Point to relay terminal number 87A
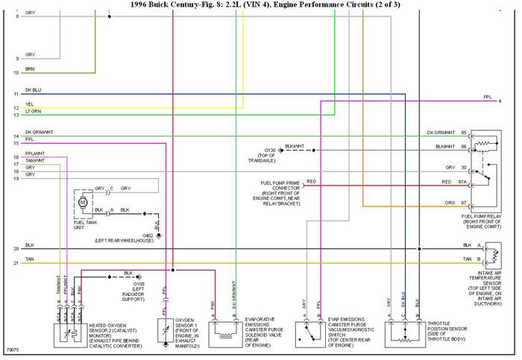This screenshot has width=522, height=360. (x=463, y=182)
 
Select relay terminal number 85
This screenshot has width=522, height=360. (x=463, y=133)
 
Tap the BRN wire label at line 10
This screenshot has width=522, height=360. (x=30, y=69)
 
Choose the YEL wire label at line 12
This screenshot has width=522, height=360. (x=30, y=104)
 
